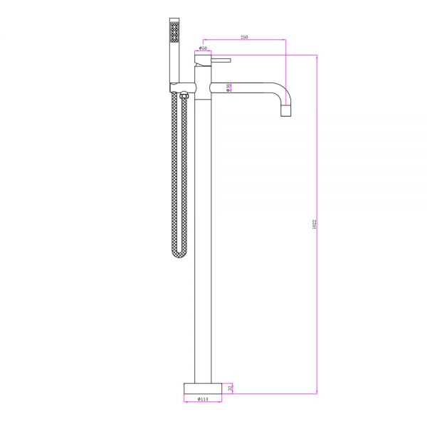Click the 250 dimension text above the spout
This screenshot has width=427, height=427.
(x=244, y=36)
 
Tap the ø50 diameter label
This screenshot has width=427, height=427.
(x=203, y=48)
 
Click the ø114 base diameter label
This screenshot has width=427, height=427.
(x=203, y=399)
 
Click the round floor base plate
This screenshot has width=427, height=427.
(x=203, y=388)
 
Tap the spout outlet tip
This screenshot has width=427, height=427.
(x=286, y=112)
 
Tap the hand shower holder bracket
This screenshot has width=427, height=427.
(x=178, y=87)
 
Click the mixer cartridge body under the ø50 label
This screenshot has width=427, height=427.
(x=203, y=71)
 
